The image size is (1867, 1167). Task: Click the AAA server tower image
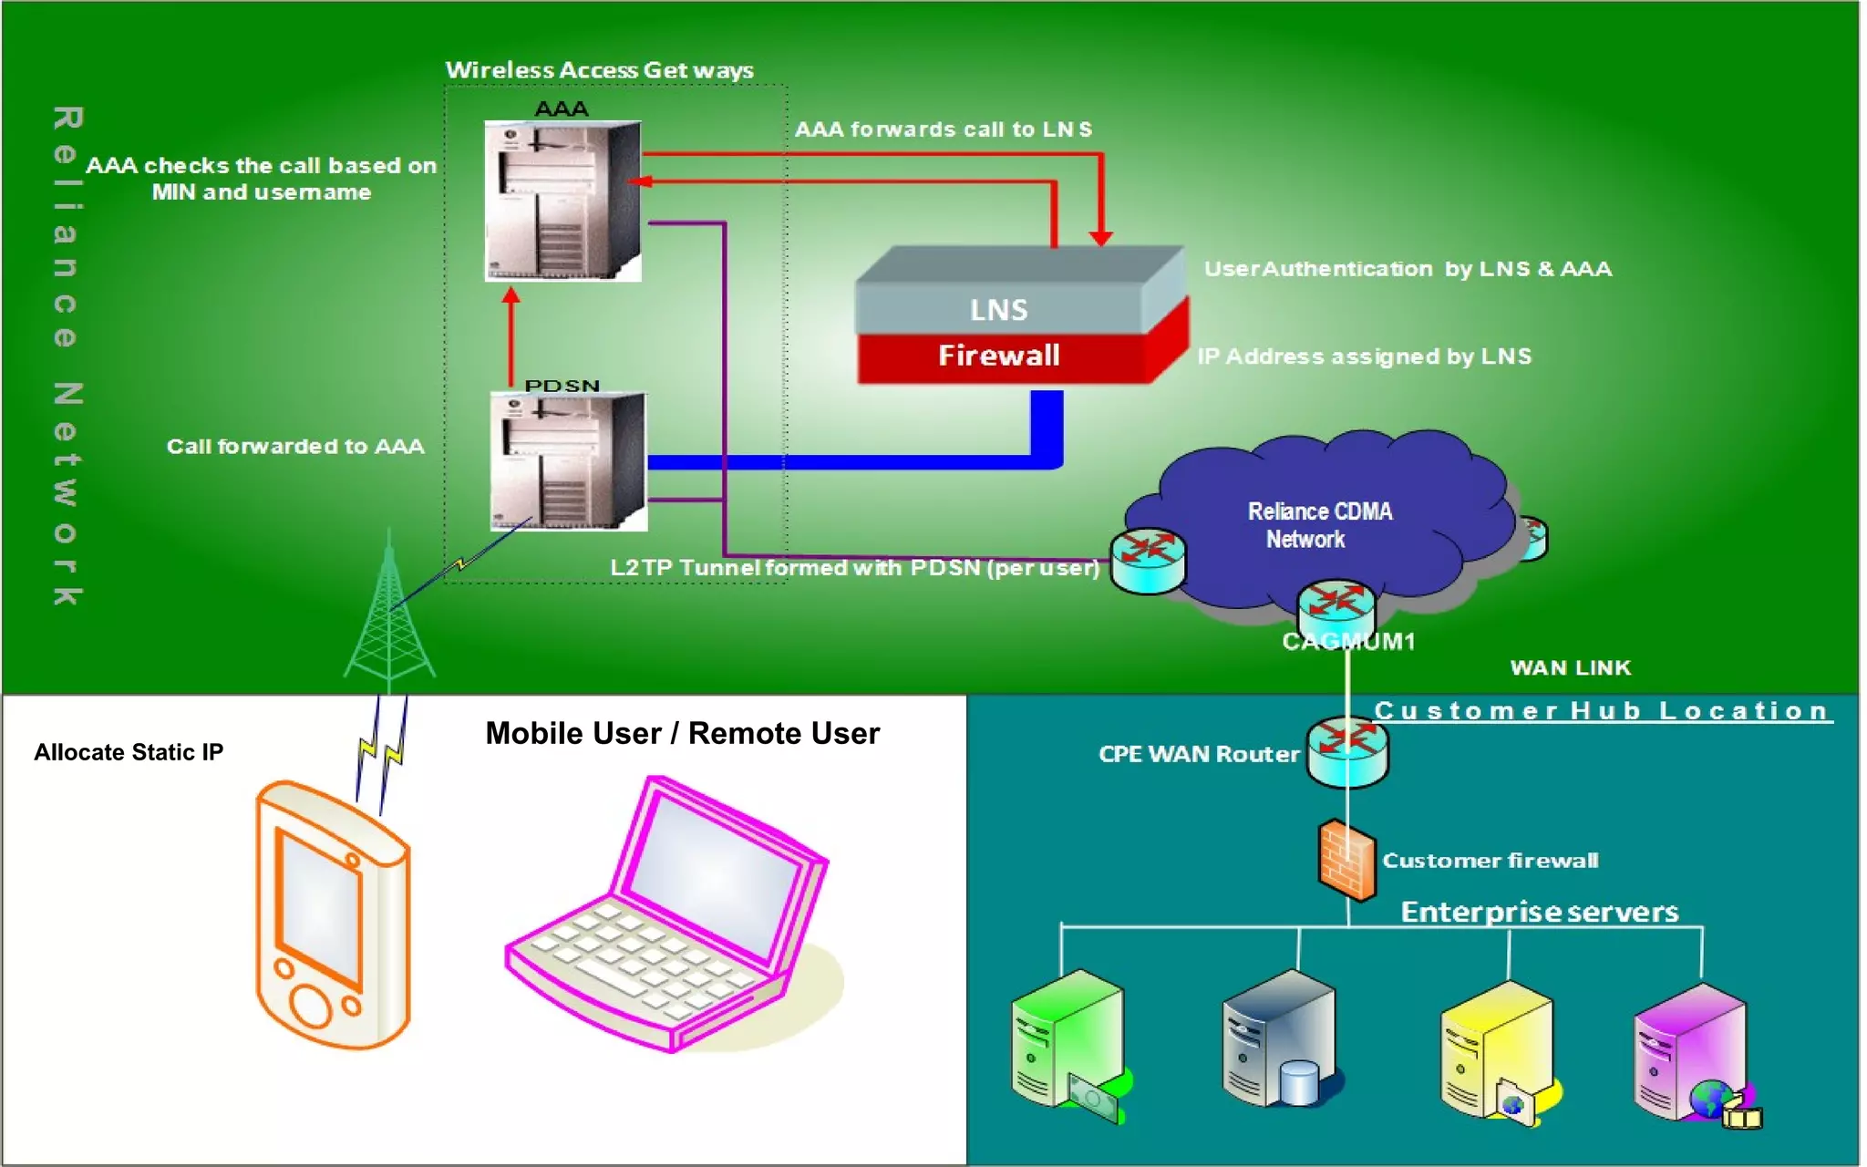pyautogui.click(x=562, y=201)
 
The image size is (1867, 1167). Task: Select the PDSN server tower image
pyautogui.click(x=568, y=461)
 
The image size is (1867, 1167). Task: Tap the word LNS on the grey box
pyautogui.click(x=998, y=310)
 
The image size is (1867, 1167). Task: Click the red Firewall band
pyautogui.click(x=999, y=356)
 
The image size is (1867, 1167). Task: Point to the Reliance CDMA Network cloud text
pyautogui.click(x=1318, y=525)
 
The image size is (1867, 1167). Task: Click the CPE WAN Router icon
pyautogui.click(x=1347, y=751)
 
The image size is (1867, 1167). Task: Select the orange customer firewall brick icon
pyautogui.click(x=1346, y=860)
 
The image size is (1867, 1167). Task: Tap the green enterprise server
pyautogui.click(x=1067, y=1039)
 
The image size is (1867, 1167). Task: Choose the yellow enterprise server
pyautogui.click(x=1495, y=1048)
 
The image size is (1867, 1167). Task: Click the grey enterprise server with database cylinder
pyautogui.click(x=1278, y=1039)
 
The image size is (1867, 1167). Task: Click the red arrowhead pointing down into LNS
pyautogui.click(x=1101, y=238)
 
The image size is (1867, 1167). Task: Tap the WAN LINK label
pyautogui.click(x=1570, y=667)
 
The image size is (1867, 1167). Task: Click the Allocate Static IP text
pyautogui.click(x=129, y=752)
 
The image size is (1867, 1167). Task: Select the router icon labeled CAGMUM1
pyautogui.click(x=1336, y=605)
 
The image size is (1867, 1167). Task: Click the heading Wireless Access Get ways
pyautogui.click(x=599, y=70)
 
